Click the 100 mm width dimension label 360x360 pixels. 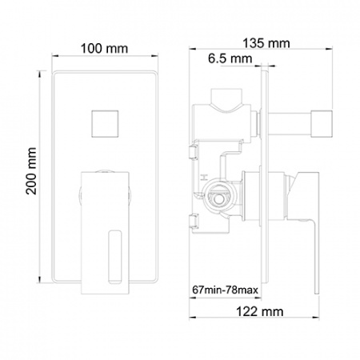(x=104, y=49)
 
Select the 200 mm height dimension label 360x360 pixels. (x=31, y=171)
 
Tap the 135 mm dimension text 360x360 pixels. (x=266, y=43)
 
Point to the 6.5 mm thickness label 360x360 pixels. (x=230, y=58)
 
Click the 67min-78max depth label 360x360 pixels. (x=226, y=290)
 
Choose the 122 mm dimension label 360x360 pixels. (x=260, y=311)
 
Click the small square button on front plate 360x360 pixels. (x=105, y=124)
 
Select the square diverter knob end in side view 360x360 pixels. (x=322, y=122)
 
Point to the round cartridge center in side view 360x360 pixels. (x=219, y=198)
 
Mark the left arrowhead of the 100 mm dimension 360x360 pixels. (x=54, y=56)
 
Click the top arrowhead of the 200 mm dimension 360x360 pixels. (x=40, y=74)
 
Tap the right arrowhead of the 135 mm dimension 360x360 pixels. (x=330, y=49)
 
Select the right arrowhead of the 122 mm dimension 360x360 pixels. (x=316, y=318)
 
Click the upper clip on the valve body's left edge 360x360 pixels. (x=194, y=152)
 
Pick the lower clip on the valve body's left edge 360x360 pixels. (x=194, y=221)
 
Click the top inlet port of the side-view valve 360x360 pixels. (x=226, y=97)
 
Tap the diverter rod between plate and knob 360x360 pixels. (x=290, y=123)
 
